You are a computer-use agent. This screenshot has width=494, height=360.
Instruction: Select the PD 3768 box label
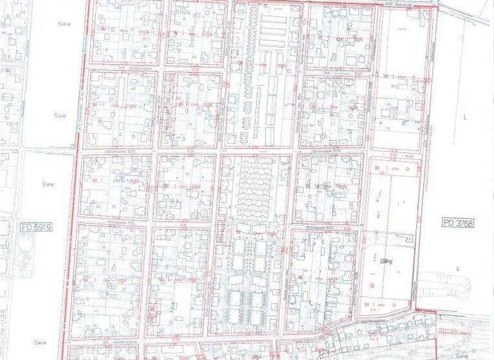457,222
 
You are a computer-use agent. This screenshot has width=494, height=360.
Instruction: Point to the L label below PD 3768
459,268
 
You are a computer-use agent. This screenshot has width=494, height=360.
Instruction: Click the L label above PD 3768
463,118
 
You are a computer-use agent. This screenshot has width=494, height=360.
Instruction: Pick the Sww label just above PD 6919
48,184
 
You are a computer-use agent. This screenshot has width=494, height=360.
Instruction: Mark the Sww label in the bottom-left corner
41,343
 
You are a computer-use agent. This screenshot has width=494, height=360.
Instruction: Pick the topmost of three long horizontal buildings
273,19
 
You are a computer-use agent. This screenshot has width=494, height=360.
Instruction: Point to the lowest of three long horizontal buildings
273,43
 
